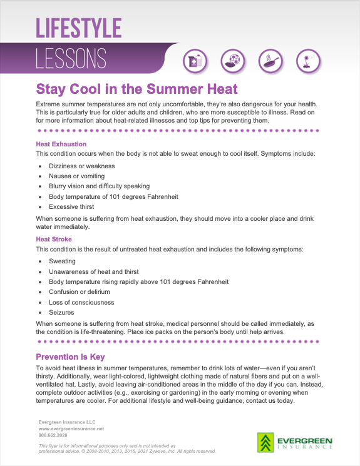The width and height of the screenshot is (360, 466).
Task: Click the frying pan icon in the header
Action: click(x=271, y=61)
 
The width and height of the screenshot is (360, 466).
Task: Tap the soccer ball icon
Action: click(x=233, y=61)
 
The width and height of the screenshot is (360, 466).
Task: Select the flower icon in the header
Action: click(x=308, y=61)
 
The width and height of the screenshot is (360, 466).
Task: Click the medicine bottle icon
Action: click(x=195, y=61)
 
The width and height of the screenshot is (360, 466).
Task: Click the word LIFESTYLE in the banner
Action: click(x=78, y=28)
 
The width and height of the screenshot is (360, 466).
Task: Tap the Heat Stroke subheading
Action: click(x=54, y=239)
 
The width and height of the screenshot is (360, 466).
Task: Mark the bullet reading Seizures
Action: click(x=61, y=312)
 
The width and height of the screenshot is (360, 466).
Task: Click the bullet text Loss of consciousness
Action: click(x=81, y=302)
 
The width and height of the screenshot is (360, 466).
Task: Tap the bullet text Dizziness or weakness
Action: click(x=82, y=166)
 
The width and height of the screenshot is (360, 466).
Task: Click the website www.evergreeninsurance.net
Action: click(x=71, y=428)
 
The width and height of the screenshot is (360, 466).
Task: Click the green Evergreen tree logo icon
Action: click(x=265, y=443)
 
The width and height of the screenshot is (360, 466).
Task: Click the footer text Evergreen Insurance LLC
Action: click(x=67, y=422)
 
